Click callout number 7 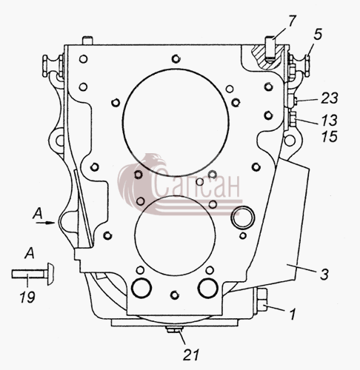pyautogui.click(x=292, y=21)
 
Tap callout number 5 pyautogui.click(x=318, y=34)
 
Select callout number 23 pyautogui.click(x=329, y=98)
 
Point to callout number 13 pyautogui.click(x=329, y=120)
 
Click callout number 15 pyautogui.click(x=329, y=136)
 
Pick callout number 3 pyautogui.click(x=324, y=275)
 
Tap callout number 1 pyautogui.click(x=293, y=314)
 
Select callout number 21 pyautogui.click(x=191, y=355)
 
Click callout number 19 pyautogui.click(x=27, y=297)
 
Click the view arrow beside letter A pyautogui.click(x=45, y=223)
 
